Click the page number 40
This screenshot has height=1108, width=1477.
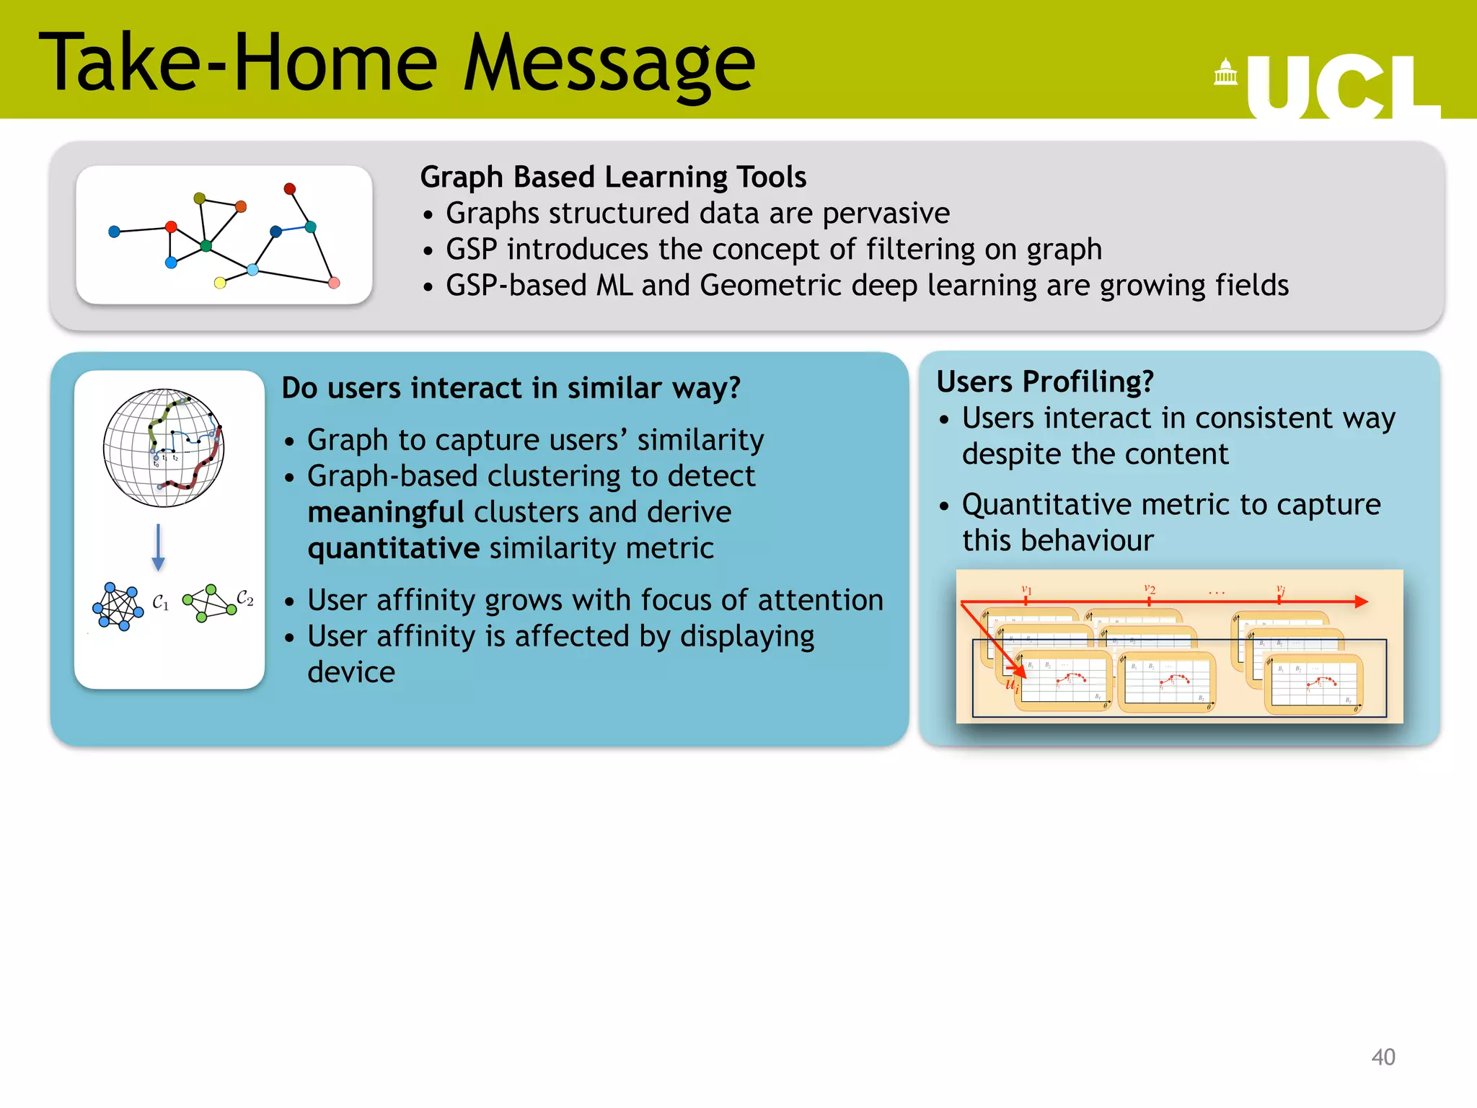pos(1383,1057)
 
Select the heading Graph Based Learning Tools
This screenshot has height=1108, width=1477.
pos(613,177)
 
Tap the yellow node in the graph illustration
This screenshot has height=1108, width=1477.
pos(220,283)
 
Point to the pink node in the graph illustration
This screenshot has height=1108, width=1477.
pos(334,283)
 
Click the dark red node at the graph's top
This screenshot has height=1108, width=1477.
pos(289,189)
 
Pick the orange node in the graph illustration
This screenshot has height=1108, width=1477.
pos(241,207)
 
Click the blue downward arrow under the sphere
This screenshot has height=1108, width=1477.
pos(159,548)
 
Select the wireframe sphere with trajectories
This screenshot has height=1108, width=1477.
pos(164,448)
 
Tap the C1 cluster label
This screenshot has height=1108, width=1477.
pos(161,602)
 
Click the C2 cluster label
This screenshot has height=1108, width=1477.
pos(245,598)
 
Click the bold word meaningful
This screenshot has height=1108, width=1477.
pos(385,513)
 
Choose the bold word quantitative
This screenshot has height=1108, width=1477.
pos(393,549)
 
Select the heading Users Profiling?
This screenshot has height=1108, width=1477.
pos(1044,382)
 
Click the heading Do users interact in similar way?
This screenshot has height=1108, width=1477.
pos(511,388)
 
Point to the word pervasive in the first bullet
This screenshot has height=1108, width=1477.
pos(886,214)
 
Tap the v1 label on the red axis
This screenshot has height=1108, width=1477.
pos(1027,590)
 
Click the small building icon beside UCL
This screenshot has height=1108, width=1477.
pos(1225,72)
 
